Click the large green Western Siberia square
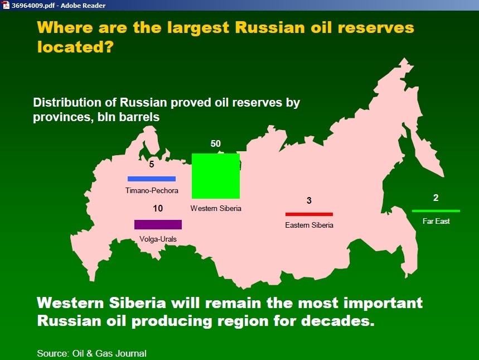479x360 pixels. pyautogui.click(x=216, y=176)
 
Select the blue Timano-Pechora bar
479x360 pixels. pyautogui.click(x=152, y=179)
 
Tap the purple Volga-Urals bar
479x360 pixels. pyautogui.click(x=158, y=224)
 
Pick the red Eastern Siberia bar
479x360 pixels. pyautogui.click(x=309, y=214)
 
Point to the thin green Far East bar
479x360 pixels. pyautogui.click(x=436, y=211)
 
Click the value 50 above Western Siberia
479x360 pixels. pyautogui.click(x=215, y=143)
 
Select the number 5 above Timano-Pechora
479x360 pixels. pyautogui.click(x=152, y=164)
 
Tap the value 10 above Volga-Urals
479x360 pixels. pyautogui.click(x=158, y=208)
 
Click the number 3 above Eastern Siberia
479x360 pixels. pyautogui.click(x=309, y=200)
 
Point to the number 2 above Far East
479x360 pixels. pyautogui.click(x=436, y=198)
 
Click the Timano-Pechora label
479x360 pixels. pyautogui.click(x=152, y=190)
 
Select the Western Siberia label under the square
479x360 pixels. pyautogui.click(x=216, y=208)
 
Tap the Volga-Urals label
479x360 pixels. pyautogui.click(x=158, y=239)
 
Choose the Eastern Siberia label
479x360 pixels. pyautogui.click(x=309, y=225)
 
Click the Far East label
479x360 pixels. pyautogui.click(x=436, y=221)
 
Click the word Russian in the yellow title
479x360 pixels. pyautogui.click(x=270, y=27)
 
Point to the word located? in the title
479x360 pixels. pyautogui.click(x=75, y=47)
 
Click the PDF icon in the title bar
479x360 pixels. pyautogui.click(x=6, y=5)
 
